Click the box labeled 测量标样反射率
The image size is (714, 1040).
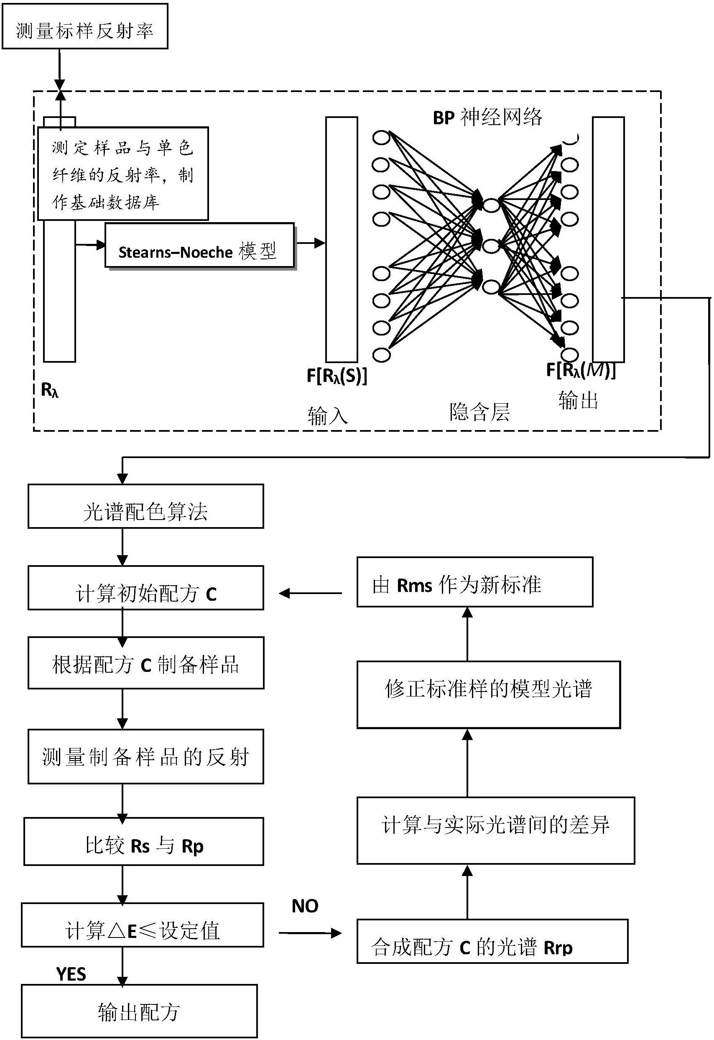click(85, 26)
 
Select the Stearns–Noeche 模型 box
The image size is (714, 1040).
click(200, 245)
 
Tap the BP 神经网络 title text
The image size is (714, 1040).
click(487, 117)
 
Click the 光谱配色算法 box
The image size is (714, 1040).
click(146, 506)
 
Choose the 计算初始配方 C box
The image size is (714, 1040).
click(146, 587)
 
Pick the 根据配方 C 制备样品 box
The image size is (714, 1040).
click(146, 663)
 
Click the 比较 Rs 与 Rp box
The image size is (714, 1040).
click(144, 841)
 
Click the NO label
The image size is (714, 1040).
click(305, 906)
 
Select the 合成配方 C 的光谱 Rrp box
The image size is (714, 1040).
click(492, 941)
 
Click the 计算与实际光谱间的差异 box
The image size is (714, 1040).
click(496, 830)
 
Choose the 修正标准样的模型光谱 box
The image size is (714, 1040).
click(489, 694)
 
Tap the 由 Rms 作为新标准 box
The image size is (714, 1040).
click(474, 581)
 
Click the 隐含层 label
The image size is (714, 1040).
click(479, 411)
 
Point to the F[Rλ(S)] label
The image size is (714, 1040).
click(337, 376)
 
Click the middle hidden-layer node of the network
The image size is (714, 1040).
click(491, 246)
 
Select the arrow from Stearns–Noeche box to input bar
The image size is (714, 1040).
click(311, 243)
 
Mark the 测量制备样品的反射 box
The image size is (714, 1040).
click(146, 756)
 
